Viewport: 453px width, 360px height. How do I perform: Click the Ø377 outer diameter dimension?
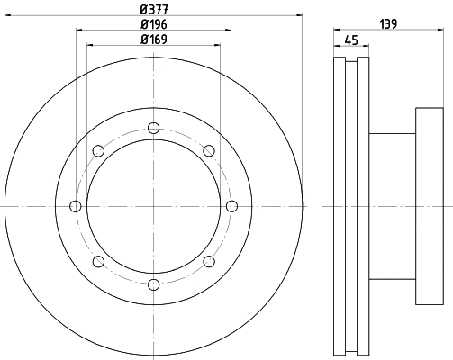pyautogui.click(x=153, y=10)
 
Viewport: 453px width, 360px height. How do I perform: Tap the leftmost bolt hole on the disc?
pyautogui.click(x=75, y=207)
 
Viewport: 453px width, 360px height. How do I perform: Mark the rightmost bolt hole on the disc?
pyautogui.click(x=231, y=207)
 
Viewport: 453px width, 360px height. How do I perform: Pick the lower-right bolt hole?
pyautogui.click(x=209, y=262)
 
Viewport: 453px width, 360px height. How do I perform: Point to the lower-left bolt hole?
pyautogui.click(x=97, y=262)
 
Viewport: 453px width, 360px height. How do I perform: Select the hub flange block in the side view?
pyautogui.click(x=430, y=207)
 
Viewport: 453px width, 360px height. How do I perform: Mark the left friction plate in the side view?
pyautogui.click(x=339, y=207)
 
